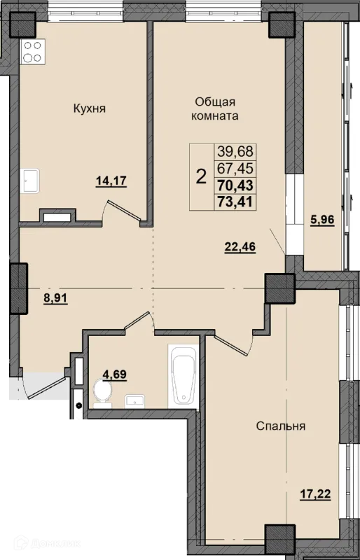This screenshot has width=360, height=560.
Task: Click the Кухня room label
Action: click(90, 108)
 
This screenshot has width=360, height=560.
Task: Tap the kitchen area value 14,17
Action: click(111, 181)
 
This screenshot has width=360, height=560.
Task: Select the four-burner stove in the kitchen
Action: click(33, 52)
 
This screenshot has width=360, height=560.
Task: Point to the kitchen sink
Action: click(29, 181)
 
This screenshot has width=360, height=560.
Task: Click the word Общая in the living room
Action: click(215, 101)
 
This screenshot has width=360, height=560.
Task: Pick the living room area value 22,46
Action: click(240, 247)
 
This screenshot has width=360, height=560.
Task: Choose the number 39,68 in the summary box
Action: click(235, 151)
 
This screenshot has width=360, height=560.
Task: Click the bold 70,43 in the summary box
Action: click(235, 185)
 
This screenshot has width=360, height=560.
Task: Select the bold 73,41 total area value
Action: click(235, 202)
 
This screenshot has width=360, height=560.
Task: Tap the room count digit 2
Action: click(201, 176)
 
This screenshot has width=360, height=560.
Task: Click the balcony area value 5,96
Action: click(322, 220)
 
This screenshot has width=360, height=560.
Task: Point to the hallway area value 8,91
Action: click(56, 298)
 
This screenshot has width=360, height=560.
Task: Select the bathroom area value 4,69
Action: click(114, 374)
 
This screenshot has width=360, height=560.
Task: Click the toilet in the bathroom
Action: click(102, 393)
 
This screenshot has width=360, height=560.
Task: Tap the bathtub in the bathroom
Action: click(184, 376)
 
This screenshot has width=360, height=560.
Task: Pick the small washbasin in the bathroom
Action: click(134, 400)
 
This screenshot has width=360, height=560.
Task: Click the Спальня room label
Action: click(281, 426)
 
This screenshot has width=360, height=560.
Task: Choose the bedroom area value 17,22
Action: click(315, 494)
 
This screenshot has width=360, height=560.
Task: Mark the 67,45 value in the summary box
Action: click(235, 168)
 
